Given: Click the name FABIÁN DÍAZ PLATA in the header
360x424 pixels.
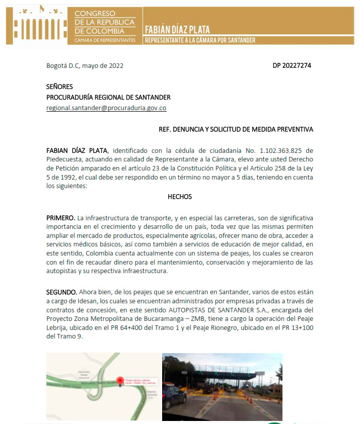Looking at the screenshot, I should (177, 30).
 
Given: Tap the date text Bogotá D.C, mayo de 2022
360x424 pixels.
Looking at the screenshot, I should (85, 65).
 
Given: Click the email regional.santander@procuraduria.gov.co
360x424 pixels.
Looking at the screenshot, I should (106, 108).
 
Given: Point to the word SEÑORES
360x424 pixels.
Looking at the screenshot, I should (59, 87).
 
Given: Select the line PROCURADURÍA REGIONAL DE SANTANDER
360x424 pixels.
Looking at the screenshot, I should (108, 97).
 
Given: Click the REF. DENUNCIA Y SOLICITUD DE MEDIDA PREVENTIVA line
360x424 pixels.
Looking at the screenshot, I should (236, 129).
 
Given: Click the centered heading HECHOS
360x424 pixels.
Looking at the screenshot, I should (180, 197).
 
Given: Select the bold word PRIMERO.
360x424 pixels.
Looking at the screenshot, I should (61, 218).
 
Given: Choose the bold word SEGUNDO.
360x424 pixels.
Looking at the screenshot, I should (62, 292).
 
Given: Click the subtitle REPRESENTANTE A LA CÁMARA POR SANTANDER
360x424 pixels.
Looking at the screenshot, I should (200, 40).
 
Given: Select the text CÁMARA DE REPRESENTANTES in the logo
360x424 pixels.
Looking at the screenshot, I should (104, 40).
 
